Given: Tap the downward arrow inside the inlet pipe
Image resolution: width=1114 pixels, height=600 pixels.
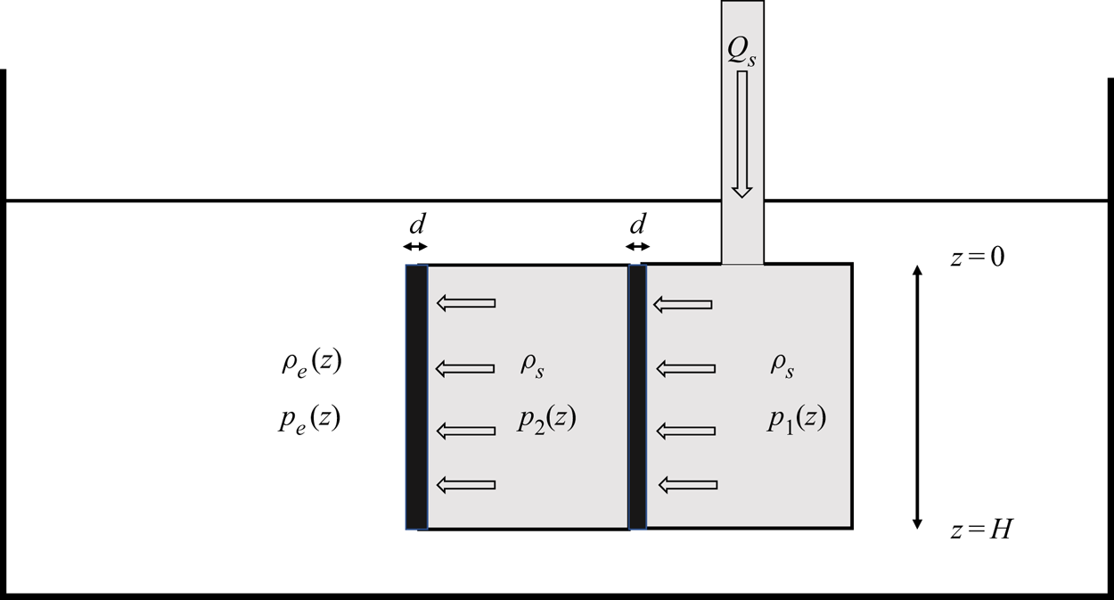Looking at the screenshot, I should pyautogui.click(x=741, y=134).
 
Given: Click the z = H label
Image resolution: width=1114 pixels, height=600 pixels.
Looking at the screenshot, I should pyautogui.click(x=980, y=530).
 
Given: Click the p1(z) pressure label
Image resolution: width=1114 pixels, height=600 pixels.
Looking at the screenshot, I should pyautogui.click(x=797, y=420).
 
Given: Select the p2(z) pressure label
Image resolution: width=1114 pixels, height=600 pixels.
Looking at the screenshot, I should pyautogui.click(x=546, y=420).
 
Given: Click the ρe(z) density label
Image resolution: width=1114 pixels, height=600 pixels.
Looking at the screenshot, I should pyautogui.click(x=309, y=364).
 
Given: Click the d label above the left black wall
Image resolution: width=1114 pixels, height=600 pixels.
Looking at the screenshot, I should pyautogui.click(x=415, y=223).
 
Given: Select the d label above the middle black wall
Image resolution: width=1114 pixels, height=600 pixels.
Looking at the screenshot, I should pyautogui.click(x=637, y=223).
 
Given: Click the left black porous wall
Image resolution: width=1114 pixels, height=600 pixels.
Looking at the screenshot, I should pyautogui.click(x=416, y=397).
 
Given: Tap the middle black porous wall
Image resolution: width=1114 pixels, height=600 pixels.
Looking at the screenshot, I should pyautogui.click(x=637, y=397).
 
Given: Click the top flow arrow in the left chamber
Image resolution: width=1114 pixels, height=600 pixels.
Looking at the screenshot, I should pyautogui.click(x=465, y=304).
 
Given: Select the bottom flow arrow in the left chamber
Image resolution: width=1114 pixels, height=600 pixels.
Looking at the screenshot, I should pyautogui.click(x=465, y=485).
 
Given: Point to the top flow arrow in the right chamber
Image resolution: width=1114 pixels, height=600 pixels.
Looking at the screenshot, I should pyautogui.click(x=684, y=305).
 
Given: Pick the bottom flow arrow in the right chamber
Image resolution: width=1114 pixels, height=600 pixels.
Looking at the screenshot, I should pyautogui.click(x=687, y=485).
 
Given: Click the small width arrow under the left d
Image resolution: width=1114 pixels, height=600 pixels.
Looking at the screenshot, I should pyautogui.click(x=415, y=247).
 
